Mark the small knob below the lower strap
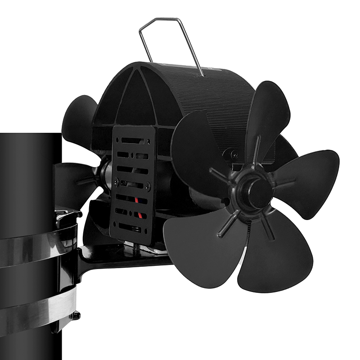pos(76,315)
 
